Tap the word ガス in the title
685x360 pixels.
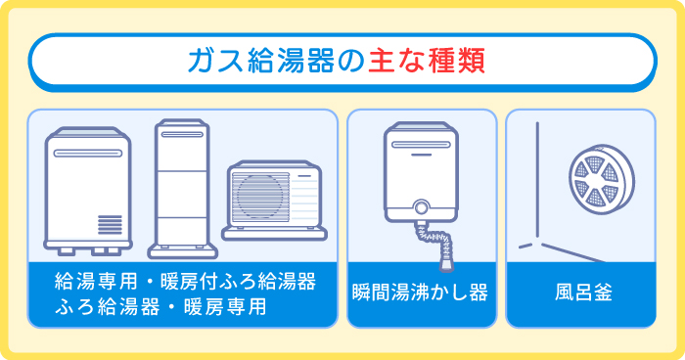(213, 61)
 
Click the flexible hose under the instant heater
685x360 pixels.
(440, 245)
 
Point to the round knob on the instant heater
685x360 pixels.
(423, 207)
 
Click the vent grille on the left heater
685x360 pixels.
(110, 224)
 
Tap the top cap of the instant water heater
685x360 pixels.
(423, 130)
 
